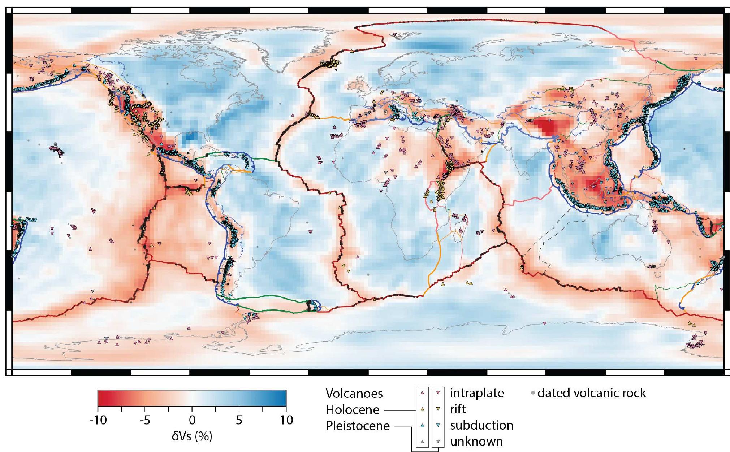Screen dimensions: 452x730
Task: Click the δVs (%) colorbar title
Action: [192, 436]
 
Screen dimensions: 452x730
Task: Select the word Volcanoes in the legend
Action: [354, 394]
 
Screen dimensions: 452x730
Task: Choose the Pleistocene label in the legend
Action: [358, 426]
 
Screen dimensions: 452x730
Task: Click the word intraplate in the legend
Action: [477, 393]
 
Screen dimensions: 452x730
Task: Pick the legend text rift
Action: [458, 409]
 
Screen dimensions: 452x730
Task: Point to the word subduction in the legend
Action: [481, 425]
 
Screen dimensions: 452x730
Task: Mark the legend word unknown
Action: [476, 441]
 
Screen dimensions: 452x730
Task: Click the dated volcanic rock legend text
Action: [592, 393]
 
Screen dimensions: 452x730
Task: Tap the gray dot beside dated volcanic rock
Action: [533, 393]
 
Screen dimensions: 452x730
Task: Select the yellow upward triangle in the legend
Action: [422, 409]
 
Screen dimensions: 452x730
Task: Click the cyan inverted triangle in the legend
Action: [438, 425]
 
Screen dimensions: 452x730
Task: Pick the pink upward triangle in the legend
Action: [422, 393]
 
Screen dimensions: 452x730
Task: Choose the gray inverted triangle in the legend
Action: [438, 441]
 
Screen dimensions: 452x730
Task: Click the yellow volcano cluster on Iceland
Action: [330, 64]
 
